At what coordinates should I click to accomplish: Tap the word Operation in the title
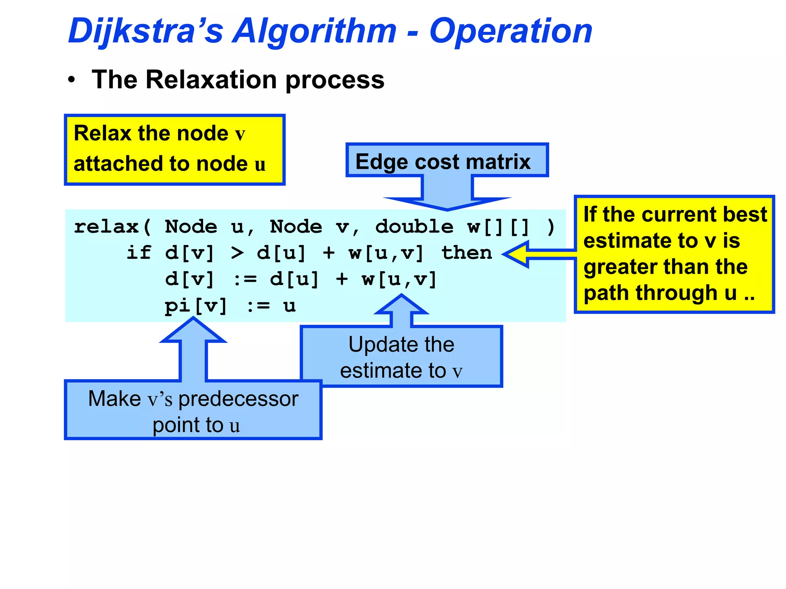(510, 31)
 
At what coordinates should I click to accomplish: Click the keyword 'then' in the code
(466, 253)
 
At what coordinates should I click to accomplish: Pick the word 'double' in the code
(414, 227)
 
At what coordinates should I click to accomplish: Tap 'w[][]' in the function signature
(498, 227)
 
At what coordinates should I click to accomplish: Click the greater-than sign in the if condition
(237, 253)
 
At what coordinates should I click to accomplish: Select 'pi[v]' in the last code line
(196, 306)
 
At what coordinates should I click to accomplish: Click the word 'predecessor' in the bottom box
(238, 399)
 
